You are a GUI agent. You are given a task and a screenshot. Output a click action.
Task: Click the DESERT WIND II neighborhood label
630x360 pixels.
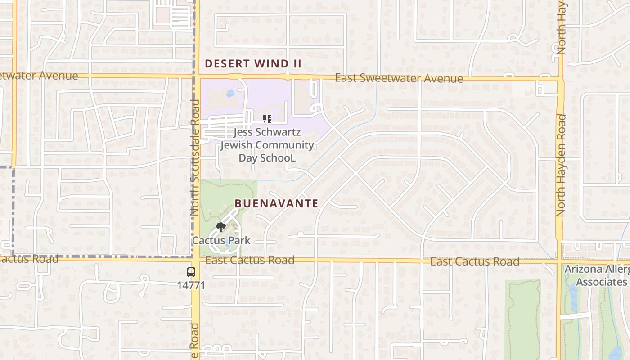253,64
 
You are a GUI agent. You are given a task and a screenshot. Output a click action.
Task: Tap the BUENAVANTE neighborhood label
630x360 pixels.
277,203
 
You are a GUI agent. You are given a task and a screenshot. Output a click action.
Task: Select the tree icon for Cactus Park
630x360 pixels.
220,228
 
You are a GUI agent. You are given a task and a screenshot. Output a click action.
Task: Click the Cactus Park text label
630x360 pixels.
221,240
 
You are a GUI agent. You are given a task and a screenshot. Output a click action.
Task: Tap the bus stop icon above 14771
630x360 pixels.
191,272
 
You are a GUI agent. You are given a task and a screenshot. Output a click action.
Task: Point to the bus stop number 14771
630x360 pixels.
191,285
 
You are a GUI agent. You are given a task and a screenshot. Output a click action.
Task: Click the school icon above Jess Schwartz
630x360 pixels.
267,119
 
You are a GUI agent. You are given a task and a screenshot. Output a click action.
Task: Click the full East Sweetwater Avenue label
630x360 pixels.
399,78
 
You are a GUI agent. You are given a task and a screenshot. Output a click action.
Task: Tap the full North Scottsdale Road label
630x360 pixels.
195,157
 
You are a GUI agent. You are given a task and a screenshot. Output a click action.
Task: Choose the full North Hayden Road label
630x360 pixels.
561,165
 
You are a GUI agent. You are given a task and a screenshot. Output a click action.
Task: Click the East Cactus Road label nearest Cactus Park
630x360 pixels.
250,260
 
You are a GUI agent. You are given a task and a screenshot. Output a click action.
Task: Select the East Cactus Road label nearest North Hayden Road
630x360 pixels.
474,261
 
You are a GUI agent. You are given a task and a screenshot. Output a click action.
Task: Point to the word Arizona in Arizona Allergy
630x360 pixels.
584,269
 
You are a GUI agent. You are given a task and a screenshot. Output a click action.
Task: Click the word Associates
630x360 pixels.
601,282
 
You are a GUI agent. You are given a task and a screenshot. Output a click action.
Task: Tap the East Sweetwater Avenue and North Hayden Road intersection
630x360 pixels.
561,79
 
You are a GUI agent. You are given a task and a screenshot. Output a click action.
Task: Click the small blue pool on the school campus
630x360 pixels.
230,93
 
